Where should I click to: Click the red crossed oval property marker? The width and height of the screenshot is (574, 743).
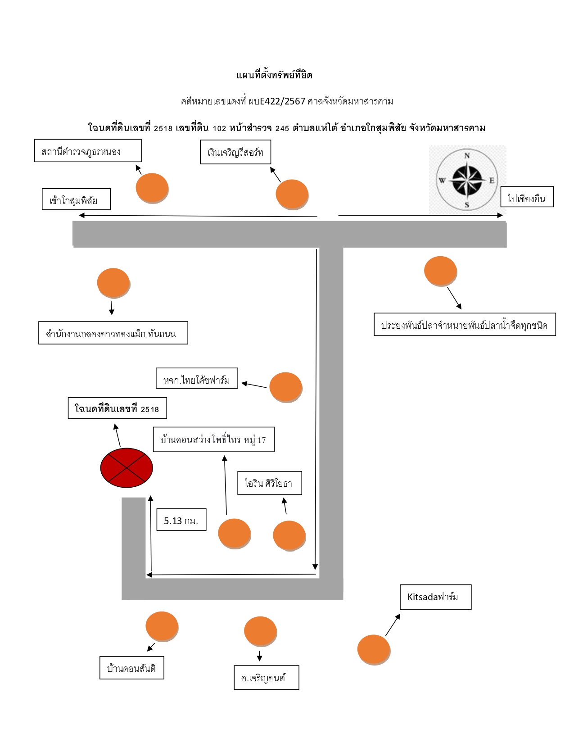(127, 467)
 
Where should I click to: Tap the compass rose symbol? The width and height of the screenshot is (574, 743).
(467, 180)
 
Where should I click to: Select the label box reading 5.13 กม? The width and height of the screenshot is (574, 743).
(181, 519)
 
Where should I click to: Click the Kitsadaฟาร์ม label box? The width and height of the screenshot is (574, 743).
(435, 597)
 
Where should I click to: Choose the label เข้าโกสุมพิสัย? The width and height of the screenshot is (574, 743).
(76, 199)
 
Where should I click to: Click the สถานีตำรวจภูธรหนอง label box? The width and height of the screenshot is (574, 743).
(88, 150)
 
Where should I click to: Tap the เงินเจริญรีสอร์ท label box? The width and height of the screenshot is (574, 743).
(235, 152)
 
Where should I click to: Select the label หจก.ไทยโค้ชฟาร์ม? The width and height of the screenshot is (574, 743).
(197, 378)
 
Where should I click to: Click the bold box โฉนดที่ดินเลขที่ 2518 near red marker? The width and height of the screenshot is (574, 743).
(117, 408)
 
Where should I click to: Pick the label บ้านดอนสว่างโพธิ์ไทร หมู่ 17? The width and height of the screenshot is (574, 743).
(214, 439)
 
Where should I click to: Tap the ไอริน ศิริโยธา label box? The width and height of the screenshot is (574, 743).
(270, 483)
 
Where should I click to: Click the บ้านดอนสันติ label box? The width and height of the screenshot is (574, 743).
(132, 668)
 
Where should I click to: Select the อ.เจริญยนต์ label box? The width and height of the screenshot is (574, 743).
(267, 677)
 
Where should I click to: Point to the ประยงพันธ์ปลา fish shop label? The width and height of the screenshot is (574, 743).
(465, 324)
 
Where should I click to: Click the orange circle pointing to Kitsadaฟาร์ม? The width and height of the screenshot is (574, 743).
(374, 650)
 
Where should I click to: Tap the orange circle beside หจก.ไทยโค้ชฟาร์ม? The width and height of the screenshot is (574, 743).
(286, 387)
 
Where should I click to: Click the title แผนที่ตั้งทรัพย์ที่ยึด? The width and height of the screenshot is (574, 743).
(274, 75)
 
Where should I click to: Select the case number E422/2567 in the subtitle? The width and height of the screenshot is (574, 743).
(282, 101)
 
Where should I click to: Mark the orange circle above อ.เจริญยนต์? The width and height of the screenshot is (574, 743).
(261, 631)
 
